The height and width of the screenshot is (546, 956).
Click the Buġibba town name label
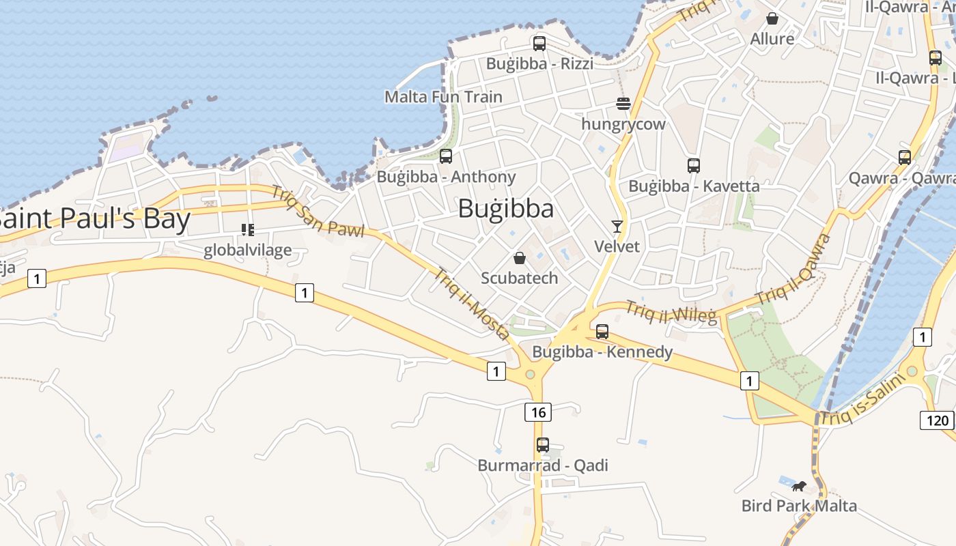tap(505, 208)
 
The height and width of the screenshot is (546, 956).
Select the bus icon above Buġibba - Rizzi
tap(539, 44)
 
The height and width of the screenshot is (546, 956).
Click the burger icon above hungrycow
tap(623, 104)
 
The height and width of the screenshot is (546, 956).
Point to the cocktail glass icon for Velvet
tap(617, 227)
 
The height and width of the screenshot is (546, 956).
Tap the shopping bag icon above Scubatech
tap(519, 258)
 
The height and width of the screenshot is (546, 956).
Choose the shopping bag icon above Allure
tap(772, 18)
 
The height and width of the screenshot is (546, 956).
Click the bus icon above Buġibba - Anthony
tap(446, 156)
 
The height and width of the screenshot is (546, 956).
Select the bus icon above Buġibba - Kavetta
tap(694, 165)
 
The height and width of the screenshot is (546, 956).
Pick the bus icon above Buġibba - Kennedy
tap(602, 332)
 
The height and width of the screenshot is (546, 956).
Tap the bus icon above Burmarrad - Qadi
tap(543, 445)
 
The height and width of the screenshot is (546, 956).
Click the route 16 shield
tap(538, 412)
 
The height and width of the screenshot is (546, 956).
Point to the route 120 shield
tap(937, 420)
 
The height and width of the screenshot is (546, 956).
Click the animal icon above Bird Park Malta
tap(799, 486)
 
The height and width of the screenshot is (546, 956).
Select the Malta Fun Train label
tap(443, 97)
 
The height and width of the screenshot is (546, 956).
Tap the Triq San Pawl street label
tap(318, 210)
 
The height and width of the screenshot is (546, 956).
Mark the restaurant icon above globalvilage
tap(247, 230)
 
